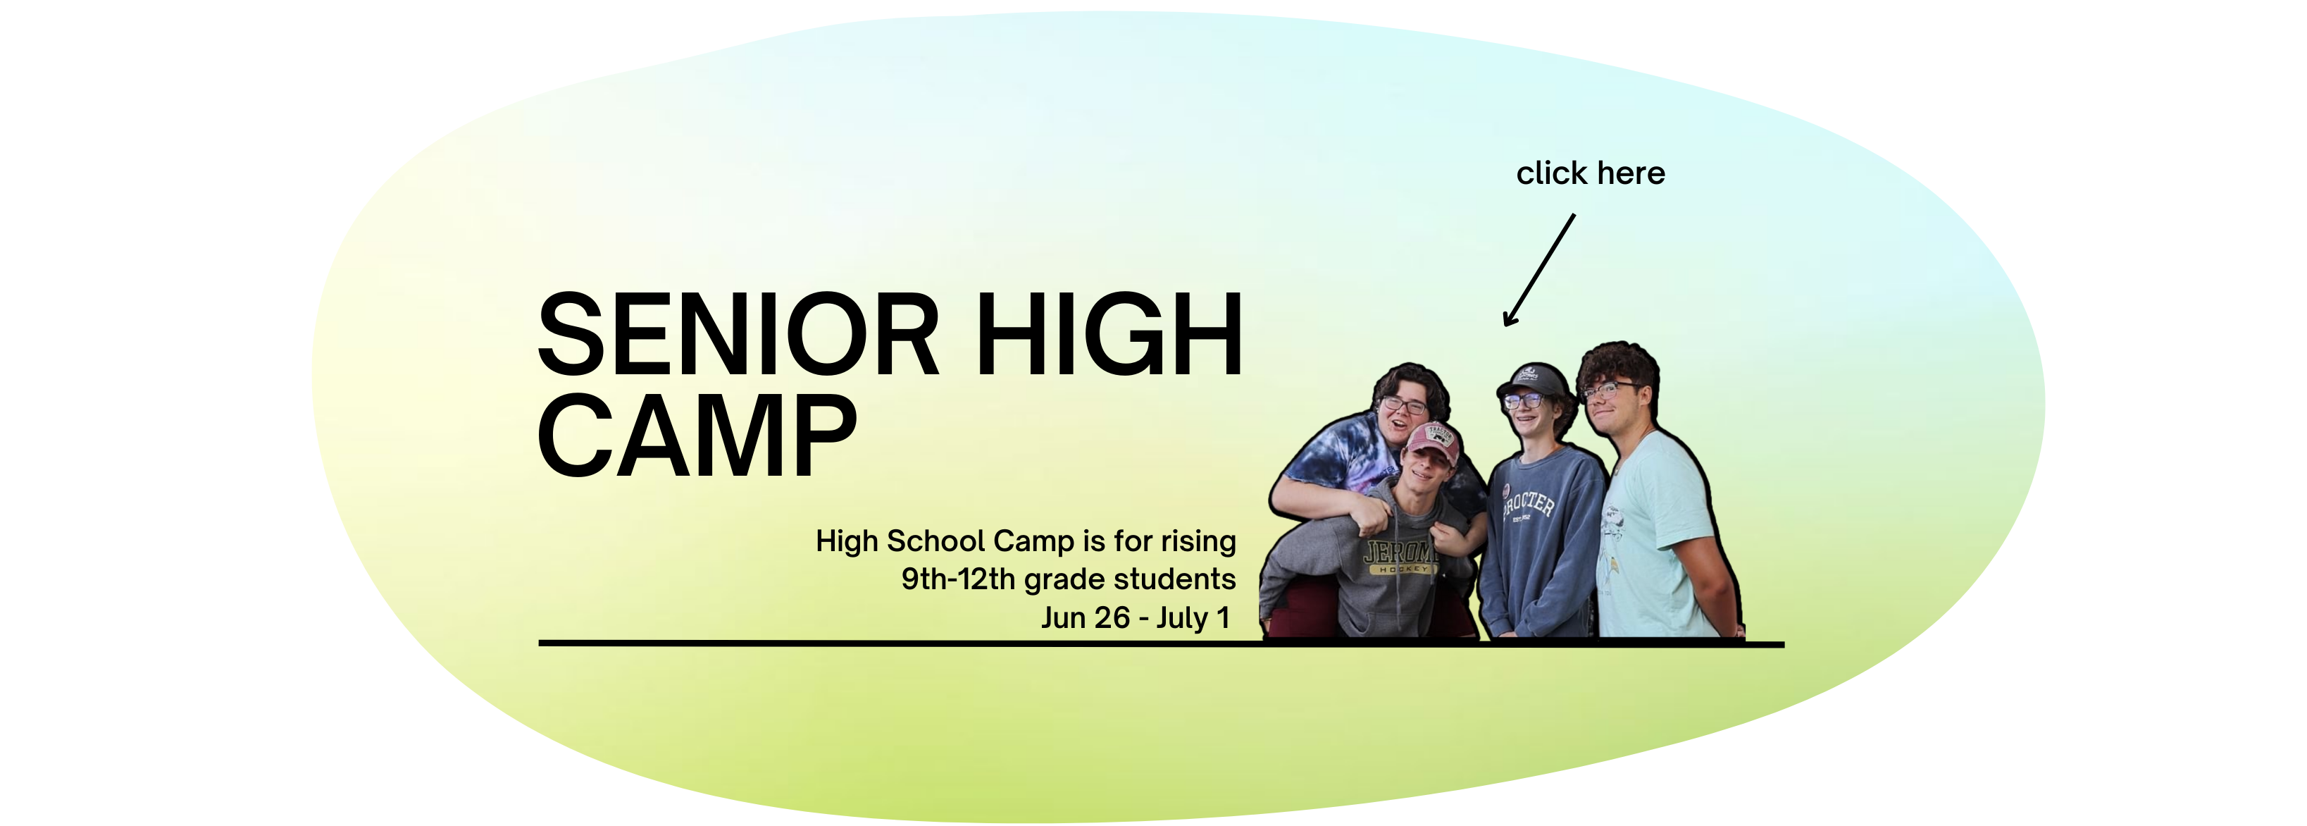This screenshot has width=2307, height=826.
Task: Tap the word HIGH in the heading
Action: (1109, 334)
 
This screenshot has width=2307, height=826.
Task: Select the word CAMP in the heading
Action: (697, 436)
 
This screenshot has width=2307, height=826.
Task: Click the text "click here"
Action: (1591, 173)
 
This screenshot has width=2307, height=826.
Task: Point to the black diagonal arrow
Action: (1538, 270)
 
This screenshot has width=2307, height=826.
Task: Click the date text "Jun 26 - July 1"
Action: (1135, 617)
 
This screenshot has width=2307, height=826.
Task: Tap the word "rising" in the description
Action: (1198, 541)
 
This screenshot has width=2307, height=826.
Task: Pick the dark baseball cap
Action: (1532, 380)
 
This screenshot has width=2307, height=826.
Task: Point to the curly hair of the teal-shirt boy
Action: (1617, 366)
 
